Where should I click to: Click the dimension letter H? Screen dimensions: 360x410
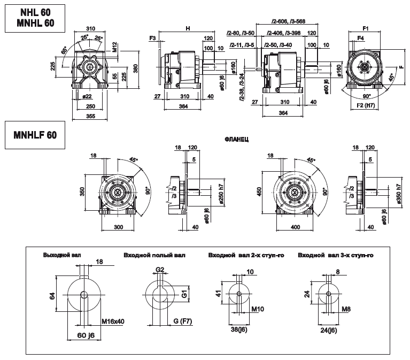(187, 27)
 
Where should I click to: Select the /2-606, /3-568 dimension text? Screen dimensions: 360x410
(288, 22)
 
